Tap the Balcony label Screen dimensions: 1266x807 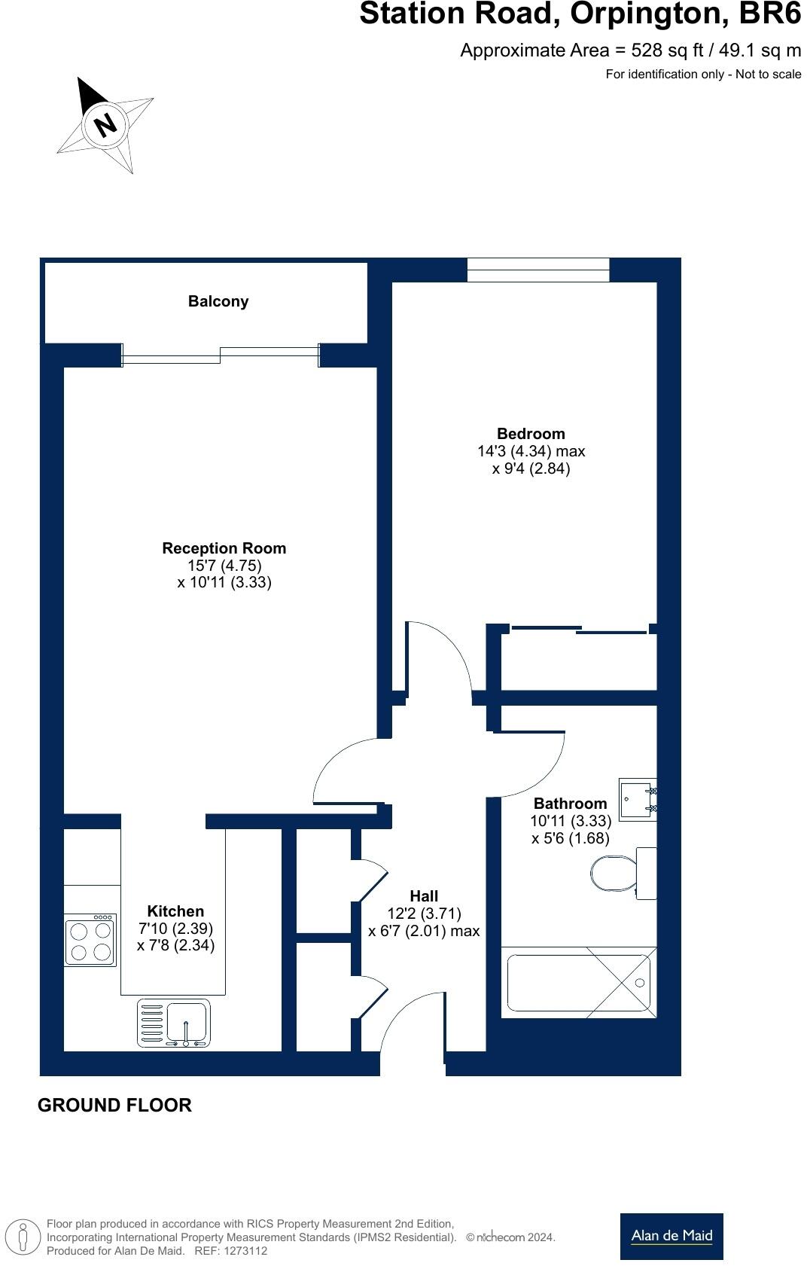[x=218, y=301]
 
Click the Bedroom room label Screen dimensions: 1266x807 [x=531, y=434]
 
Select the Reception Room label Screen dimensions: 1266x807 [x=224, y=548]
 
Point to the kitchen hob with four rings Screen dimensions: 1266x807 [x=90, y=941]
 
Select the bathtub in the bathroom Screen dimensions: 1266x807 [x=578, y=983]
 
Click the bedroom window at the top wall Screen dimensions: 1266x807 [x=537, y=270]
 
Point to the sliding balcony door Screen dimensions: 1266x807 [x=221, y=354]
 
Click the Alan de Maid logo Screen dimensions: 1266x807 [x=671, y=1236]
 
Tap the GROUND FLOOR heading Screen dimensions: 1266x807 [x=114, y=1105]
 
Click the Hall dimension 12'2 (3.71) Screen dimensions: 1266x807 [x=424, y=914]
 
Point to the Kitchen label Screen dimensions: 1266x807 [x=175, y=911]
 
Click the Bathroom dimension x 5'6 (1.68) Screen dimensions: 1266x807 [x=571, y=838]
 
